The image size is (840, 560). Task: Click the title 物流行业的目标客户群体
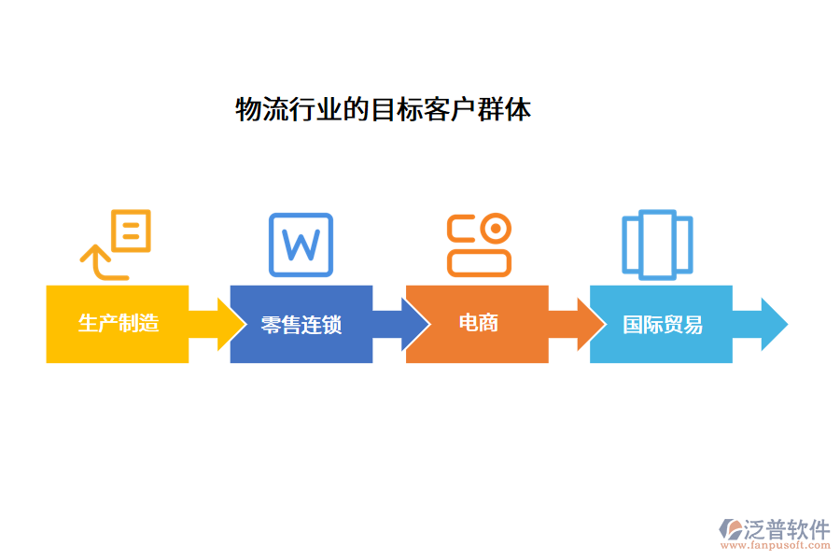384,110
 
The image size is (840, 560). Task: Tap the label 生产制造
118,324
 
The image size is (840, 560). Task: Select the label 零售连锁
301,325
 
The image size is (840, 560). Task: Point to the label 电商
478,323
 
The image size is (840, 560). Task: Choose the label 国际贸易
662,325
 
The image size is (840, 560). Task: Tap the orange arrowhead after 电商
589,324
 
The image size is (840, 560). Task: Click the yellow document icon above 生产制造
131,231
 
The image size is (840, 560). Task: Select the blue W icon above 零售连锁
301,245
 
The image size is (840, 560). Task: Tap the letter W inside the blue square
301,245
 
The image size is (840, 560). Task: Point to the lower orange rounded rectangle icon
479,262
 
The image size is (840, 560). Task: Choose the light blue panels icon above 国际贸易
657,245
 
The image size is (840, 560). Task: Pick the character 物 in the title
246,110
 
